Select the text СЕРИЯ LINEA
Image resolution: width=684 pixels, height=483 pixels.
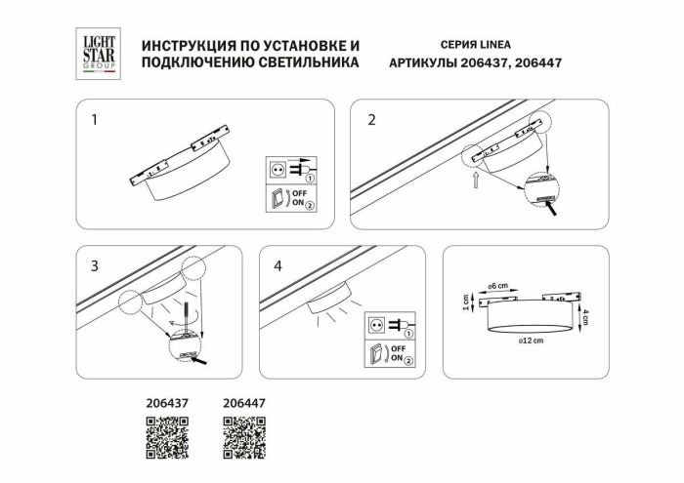(469, 45)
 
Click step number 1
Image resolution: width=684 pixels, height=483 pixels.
(94, 121)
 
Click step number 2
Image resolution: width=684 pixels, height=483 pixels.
(371, 121)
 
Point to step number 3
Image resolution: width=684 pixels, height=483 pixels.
(94, 265)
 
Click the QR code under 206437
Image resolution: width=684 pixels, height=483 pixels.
(167, 437)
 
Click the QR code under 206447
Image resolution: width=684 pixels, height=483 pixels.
(244, 437)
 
